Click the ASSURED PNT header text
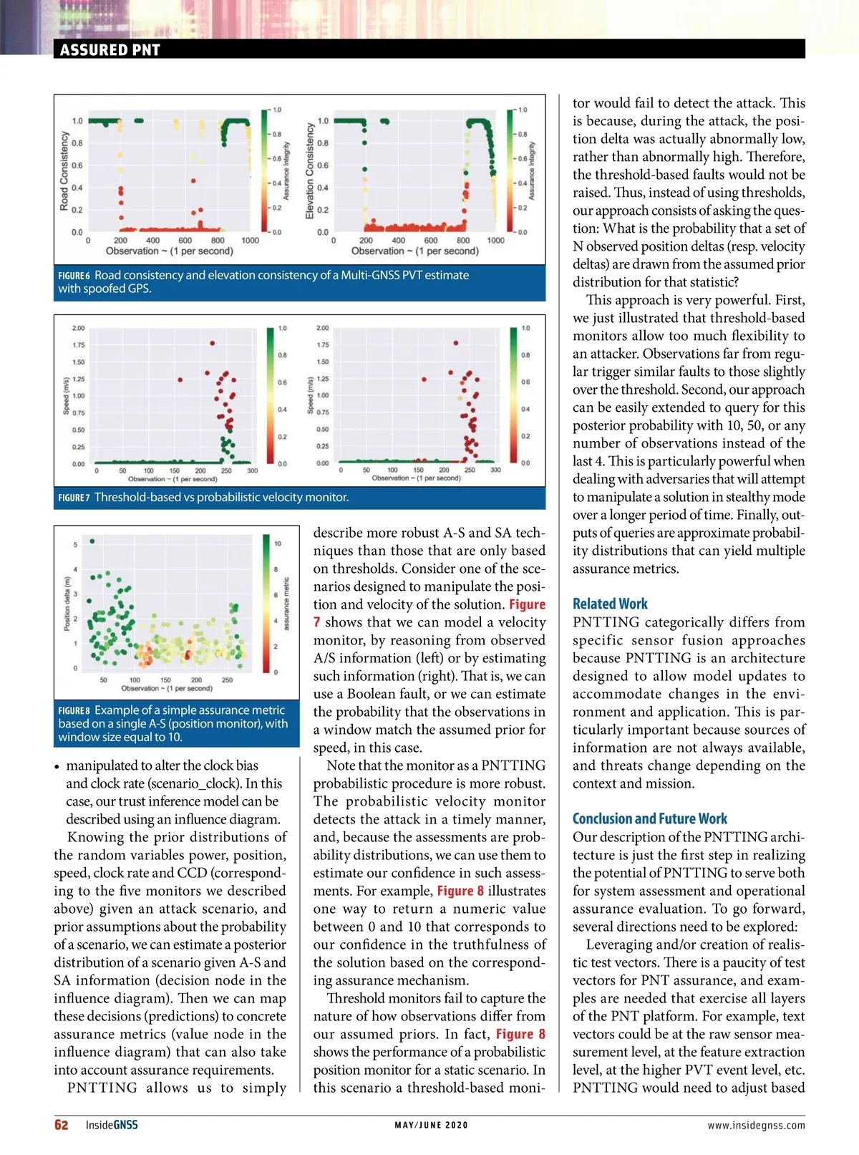click(x=110, y=49)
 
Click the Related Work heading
click(x=610, y=604)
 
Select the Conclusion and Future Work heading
click(x=649, y=818)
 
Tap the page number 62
click(x=62, y=1125)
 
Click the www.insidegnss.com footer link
click(x=756, y=1125)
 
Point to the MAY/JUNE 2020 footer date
click(x=431, y=1125)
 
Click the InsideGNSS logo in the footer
click(x=112, y=1125)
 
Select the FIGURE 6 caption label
click(x=74, y=276)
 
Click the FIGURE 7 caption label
click(x=74, y=498)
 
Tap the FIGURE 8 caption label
click(x=74, y=710)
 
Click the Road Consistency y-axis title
click(x=64, y=171)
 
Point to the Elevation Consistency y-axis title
click(x=309, y=171)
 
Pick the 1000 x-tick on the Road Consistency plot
click(x=250, y=241)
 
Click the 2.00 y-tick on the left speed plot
click(x=78, y=328)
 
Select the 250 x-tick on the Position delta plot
click(x=227, y=680)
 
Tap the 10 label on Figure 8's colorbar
click(x=278, y=543)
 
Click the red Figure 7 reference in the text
click(x=527, y=604)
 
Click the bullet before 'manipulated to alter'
click(x=57, y=766)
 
